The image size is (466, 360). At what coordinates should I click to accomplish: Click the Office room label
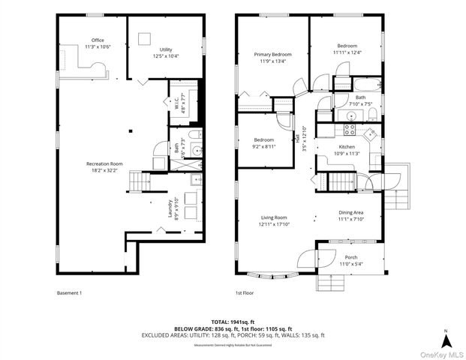[x=97, y=43]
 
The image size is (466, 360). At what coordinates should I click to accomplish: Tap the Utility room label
[x=165, y=52]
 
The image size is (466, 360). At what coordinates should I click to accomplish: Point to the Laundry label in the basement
[x=175, y=207]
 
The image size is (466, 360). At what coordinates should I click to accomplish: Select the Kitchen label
[x=347, y=150]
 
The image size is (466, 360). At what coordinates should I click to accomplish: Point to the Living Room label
[x=274, y=220]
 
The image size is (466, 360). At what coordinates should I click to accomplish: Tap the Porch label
[x=350, y=259]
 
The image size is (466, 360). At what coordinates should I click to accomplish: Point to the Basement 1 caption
[x=69, y=292]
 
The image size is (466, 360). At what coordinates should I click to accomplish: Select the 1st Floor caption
[x=245, y=292]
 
